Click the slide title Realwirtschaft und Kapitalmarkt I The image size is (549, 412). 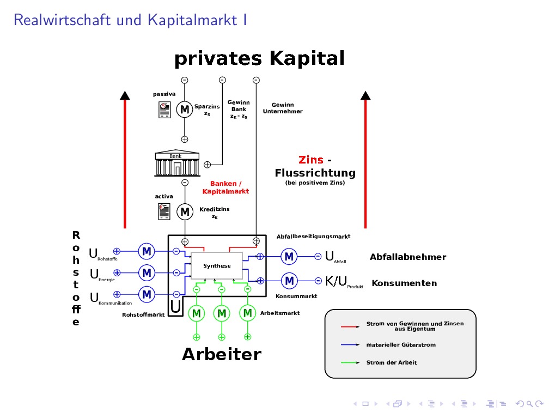coord(131,20)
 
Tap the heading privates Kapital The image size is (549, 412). coord(259,58)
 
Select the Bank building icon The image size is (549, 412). coord(175,164)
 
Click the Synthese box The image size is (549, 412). coord(217,266)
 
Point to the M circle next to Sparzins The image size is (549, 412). coord(185,110)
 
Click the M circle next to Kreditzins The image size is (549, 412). coord(185,211)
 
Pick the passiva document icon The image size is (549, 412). coord(164,110)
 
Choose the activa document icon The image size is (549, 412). coord(164,211)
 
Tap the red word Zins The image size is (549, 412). coord(311,160)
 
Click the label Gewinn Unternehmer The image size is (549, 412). coord(282,108)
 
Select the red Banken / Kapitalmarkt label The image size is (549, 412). coord(225,187)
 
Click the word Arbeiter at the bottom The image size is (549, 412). coord(221,354)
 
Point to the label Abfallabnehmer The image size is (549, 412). coord(407,257)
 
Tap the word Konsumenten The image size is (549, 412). coord(404,283)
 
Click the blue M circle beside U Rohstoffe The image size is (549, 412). coord(147,251)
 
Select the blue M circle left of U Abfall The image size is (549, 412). coord(289,256)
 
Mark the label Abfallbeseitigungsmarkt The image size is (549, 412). coord(313,237)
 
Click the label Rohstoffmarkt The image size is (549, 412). coord(143,314)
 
